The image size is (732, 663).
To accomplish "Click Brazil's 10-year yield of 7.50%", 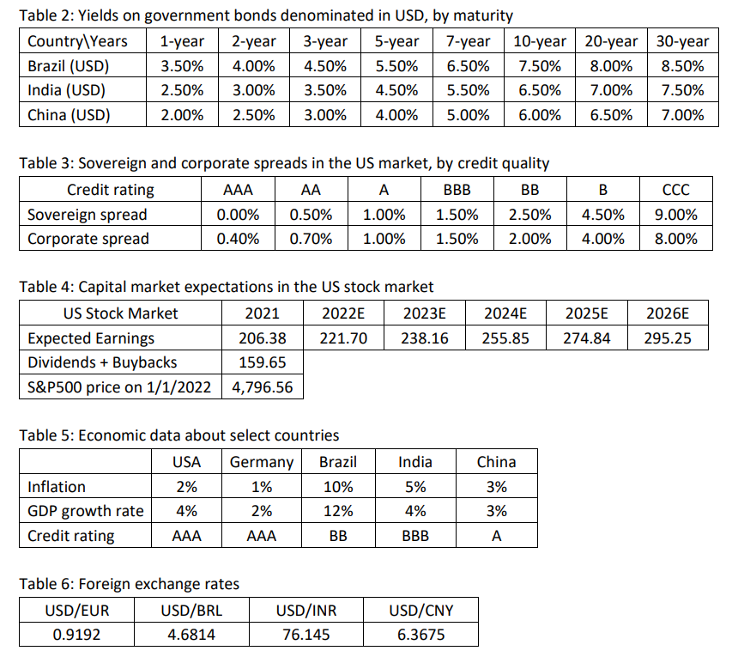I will coord(540,66).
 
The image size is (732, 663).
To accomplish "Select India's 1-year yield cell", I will coord(182,90).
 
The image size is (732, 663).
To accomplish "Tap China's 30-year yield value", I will coord(682,115).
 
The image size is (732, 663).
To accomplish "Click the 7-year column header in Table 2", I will coord(469,41).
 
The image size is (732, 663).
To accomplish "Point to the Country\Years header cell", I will coord(77,41).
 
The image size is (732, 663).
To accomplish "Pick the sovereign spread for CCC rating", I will coord(675,215).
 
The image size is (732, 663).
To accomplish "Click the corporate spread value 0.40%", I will coord(238,239).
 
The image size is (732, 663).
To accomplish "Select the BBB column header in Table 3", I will coord(457,190).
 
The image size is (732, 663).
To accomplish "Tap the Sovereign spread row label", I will coord(88,215).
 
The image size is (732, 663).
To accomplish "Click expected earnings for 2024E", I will coord(505,338).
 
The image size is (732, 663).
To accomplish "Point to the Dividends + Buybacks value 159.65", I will coord(262,362).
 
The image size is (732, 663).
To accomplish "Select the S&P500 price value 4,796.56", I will coord(262,387).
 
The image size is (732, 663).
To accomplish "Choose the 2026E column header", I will coord(667,313).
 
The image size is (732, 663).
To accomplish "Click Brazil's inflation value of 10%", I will coord(337,487).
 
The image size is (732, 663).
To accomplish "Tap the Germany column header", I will coord(262,462).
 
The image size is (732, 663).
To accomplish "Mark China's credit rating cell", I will coord(496,536).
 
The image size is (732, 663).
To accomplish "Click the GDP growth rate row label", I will coord(86,511).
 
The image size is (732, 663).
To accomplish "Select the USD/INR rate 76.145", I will coord(306,636).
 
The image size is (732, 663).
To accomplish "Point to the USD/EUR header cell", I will coord(76,611).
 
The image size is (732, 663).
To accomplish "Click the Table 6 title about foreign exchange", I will coord(130,585).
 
